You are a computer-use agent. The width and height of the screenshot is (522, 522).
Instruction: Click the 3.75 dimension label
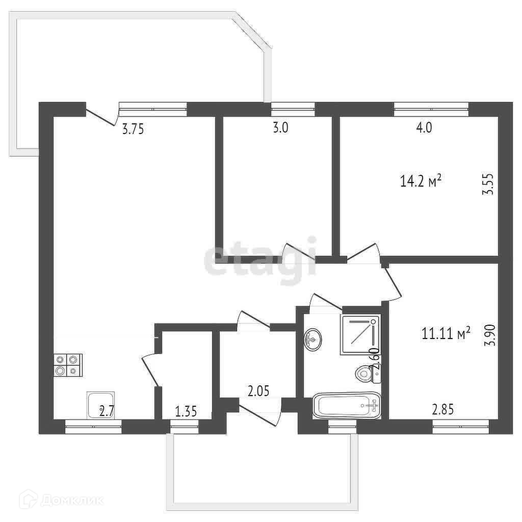pyautogui.click(x=133, y=129)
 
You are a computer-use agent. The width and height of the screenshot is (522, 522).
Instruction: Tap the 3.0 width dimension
pyautogui.click(x=280, y=128)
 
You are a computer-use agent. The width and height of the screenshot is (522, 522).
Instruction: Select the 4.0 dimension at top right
pyautogui.click(x=424, y=128)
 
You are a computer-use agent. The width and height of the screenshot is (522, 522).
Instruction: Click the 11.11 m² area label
pyautogui.click(x=446, y=333)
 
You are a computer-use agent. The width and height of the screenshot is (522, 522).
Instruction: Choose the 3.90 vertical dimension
pyautogui.click(x=490, y=335)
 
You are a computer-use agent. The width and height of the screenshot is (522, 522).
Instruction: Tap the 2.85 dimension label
pyautogui.click(x=443, y=409)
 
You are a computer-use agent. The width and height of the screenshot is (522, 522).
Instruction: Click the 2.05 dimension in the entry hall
pyautogui.click(x=258, y=391)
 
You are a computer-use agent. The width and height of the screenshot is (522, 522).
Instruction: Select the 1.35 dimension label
pyautogui.click(x=186, y=412)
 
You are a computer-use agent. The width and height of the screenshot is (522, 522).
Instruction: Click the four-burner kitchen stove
pyautogui.click(x=68, y=365)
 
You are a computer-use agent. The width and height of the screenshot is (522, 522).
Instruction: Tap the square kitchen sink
pyautogui.click(x=101, y=405)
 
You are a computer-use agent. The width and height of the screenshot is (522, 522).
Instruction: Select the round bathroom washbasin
pyautogui.click(x=313, y=339)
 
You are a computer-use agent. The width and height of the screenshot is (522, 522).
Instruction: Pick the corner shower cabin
pyautogui.click(x=359, y=335)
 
